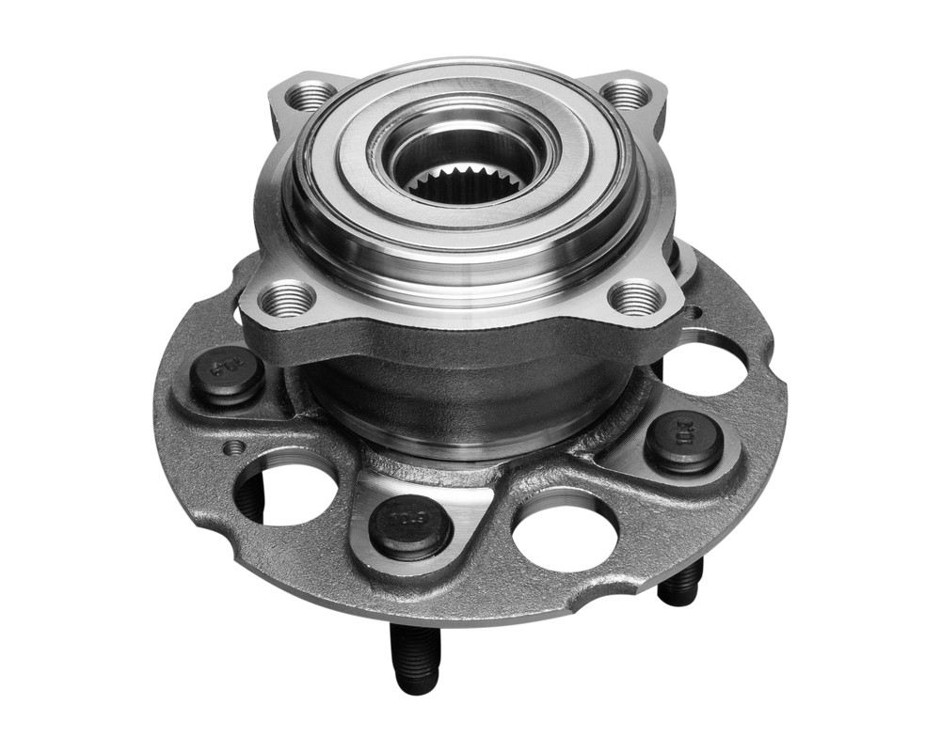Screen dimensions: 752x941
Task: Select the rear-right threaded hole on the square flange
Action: click(x=625, y=93)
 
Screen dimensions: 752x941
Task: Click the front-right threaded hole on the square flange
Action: click(x=636, y=299)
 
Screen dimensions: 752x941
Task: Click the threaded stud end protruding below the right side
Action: click(x=679, y=583)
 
